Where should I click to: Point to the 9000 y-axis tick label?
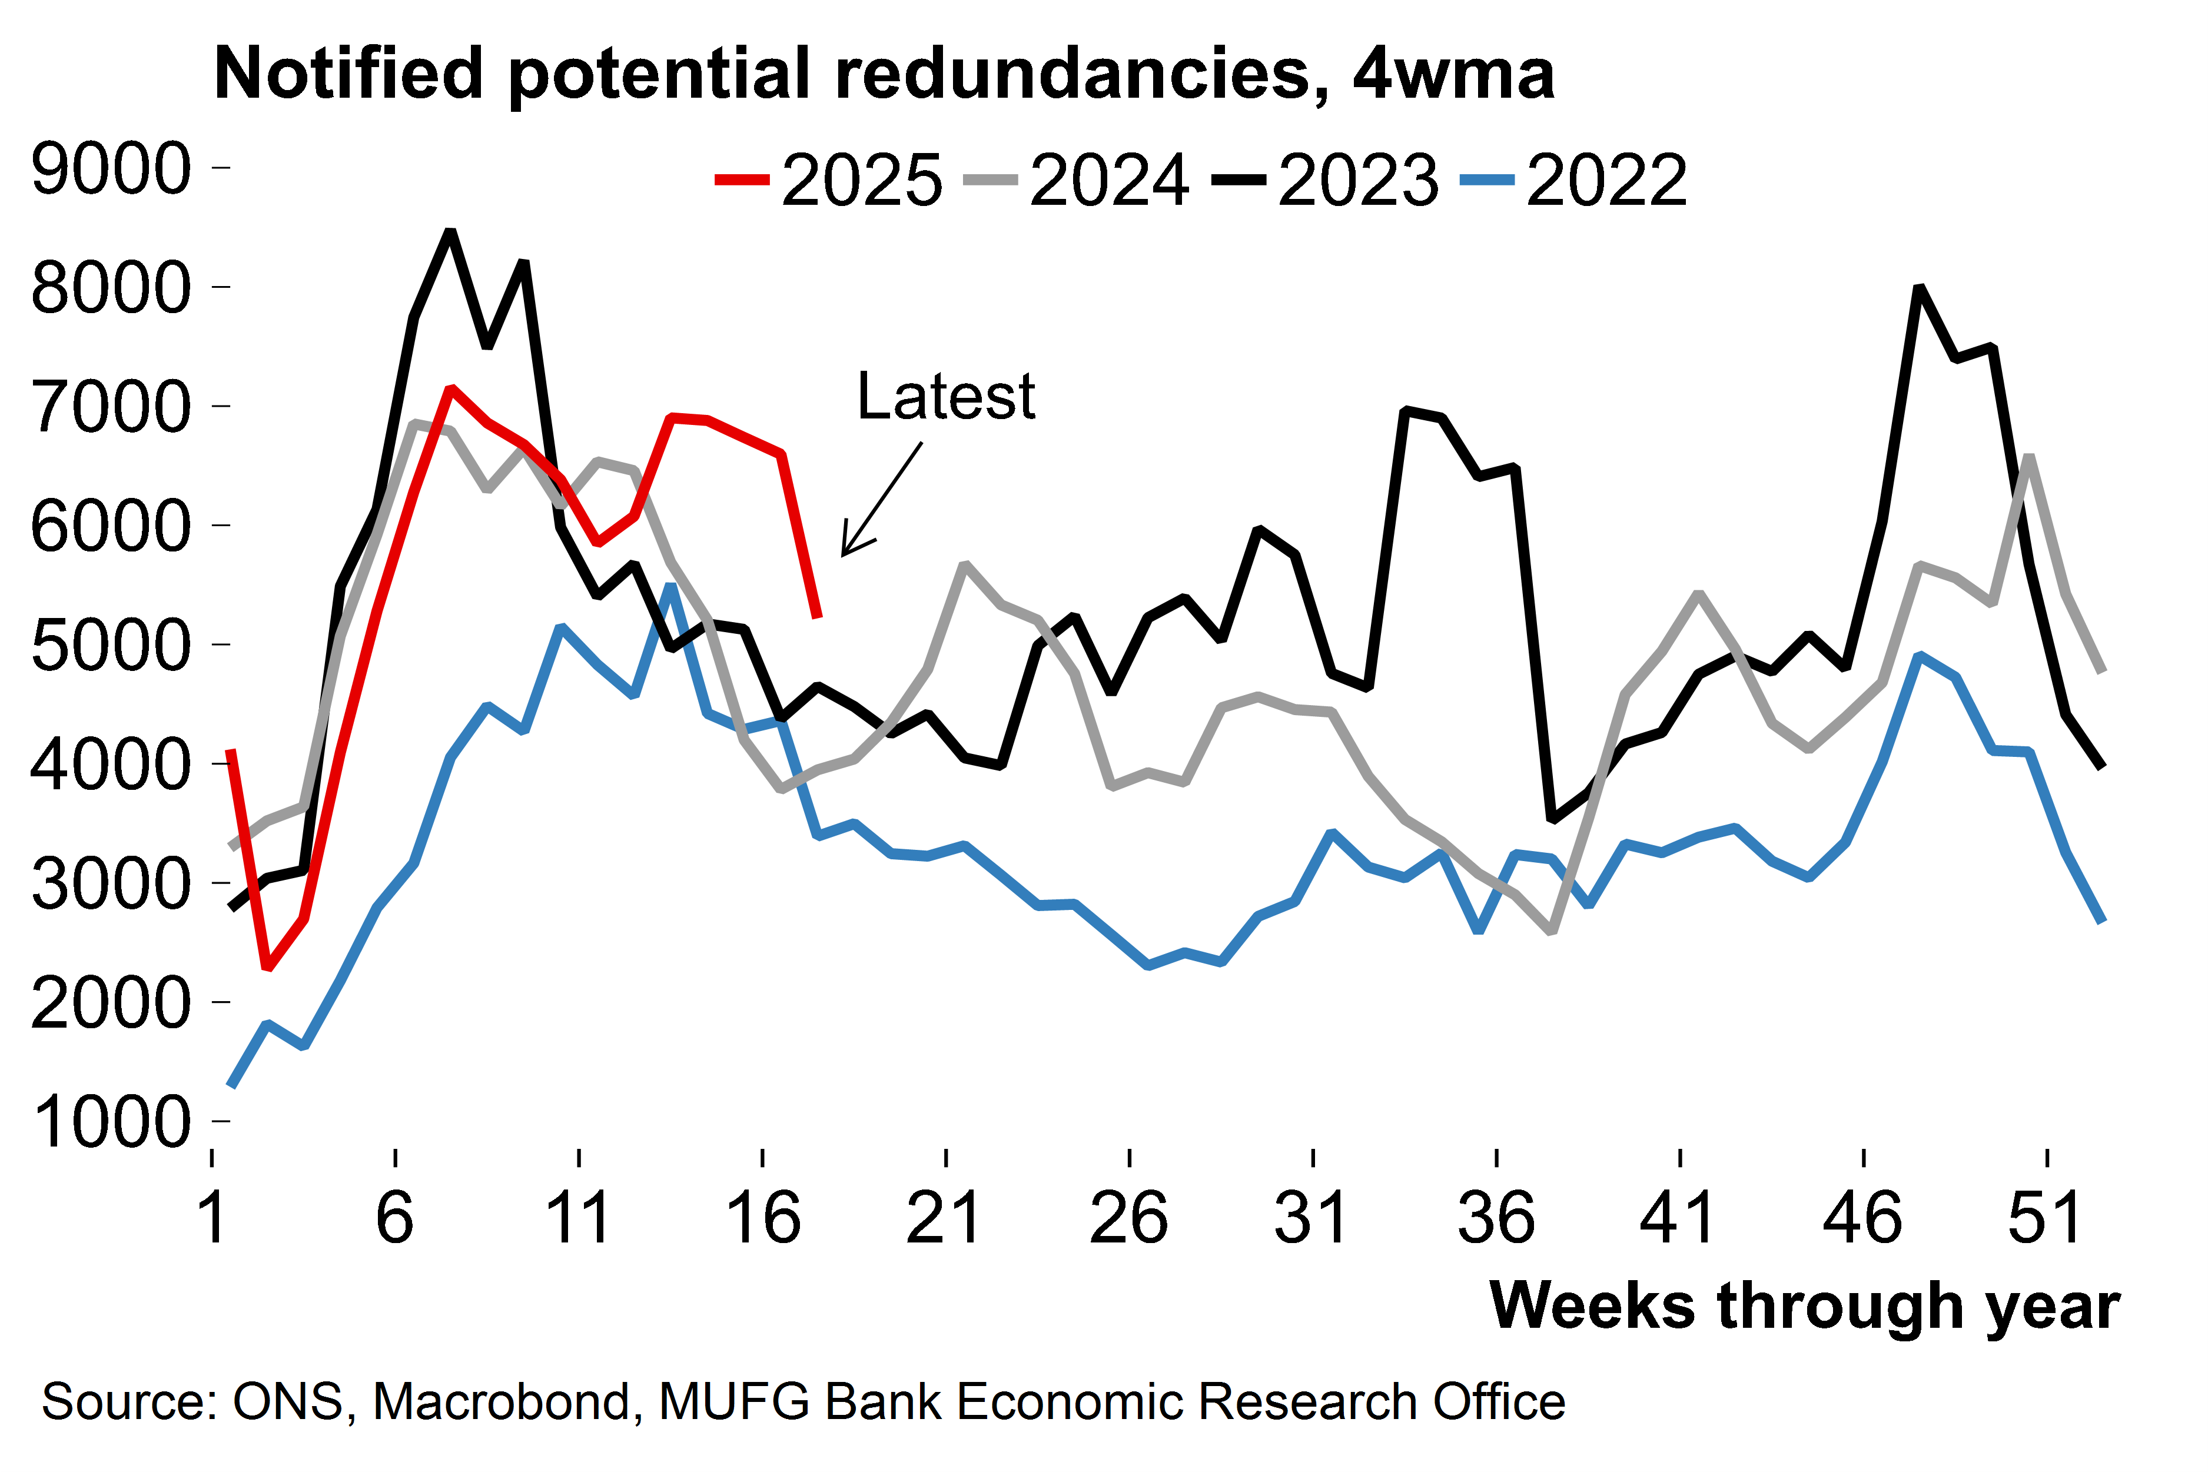coord(111,169)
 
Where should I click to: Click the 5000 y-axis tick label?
coord(111,645)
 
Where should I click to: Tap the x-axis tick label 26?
coord(1128,1218)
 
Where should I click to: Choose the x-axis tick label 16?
coord(762,1218)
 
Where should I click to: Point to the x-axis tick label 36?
coord(1496,1218)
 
